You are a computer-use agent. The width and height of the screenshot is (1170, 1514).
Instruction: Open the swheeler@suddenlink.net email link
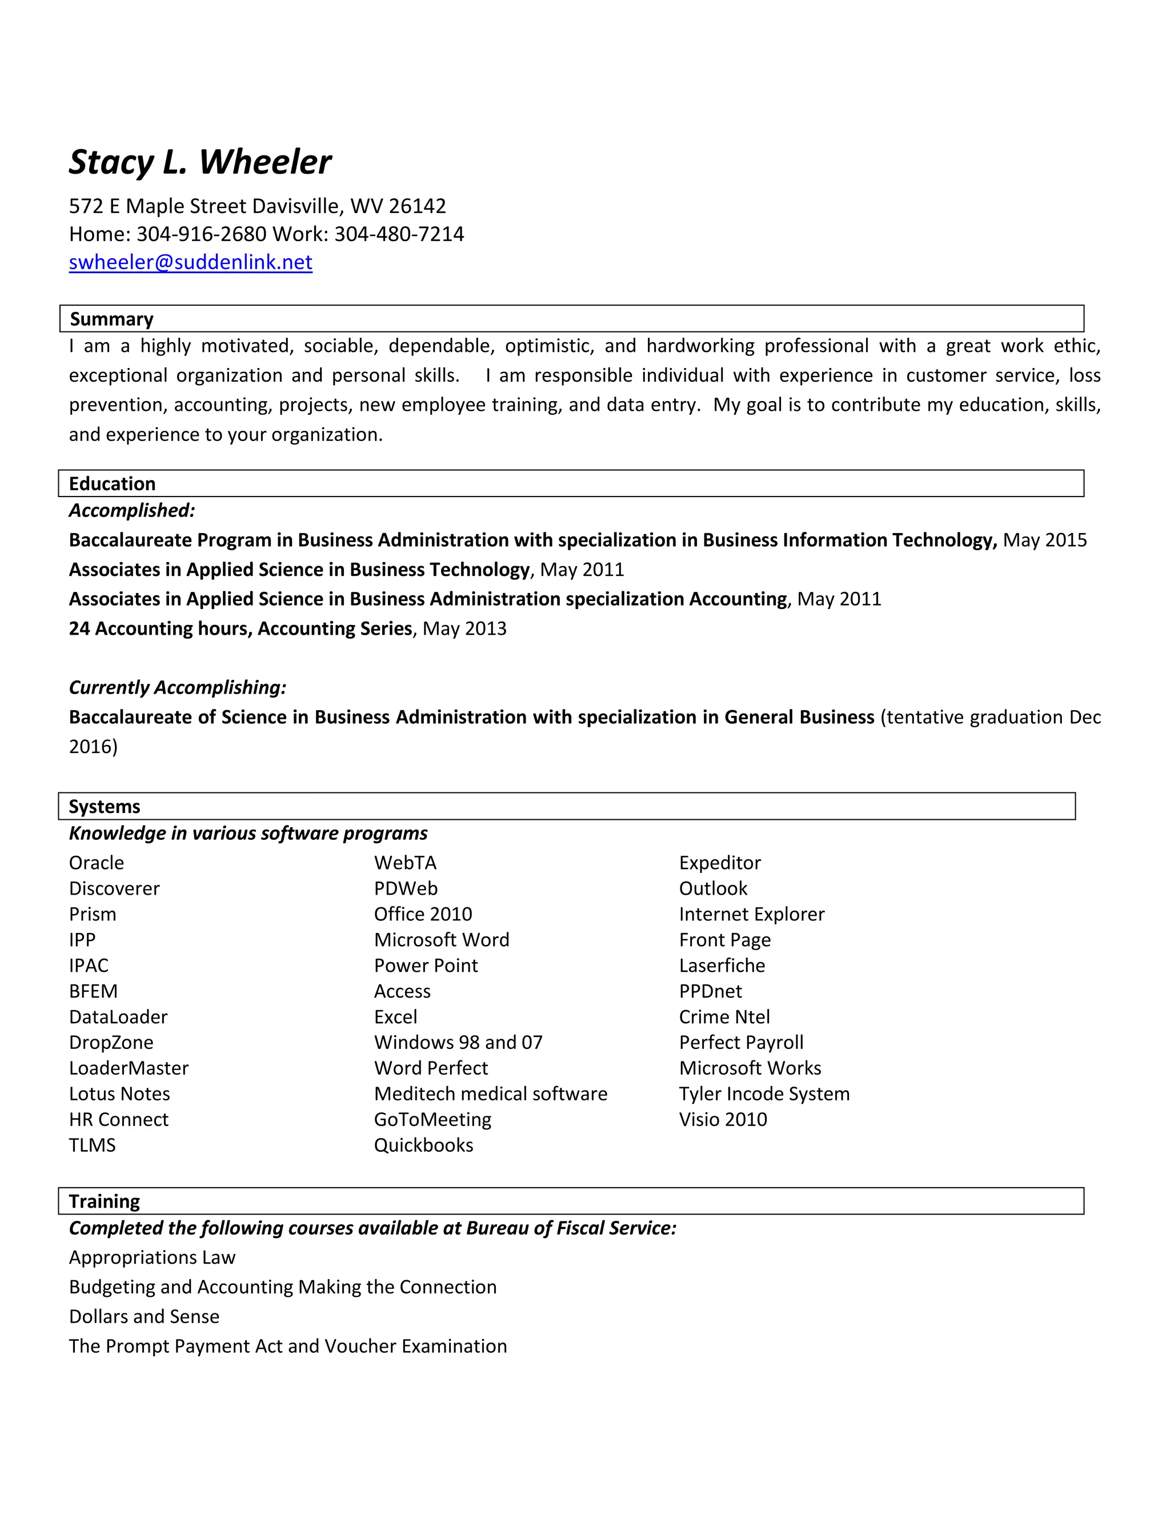coord(191,262)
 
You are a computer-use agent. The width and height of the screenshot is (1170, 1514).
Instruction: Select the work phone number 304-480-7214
coord(399,234)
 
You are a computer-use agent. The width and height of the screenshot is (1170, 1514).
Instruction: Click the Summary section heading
coord(111,319)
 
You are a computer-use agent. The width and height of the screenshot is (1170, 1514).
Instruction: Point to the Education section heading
coord(113,484)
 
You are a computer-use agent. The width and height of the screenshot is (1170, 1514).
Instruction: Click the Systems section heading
coord(105,806)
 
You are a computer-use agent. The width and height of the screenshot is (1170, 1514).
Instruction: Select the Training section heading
coord(105,1201)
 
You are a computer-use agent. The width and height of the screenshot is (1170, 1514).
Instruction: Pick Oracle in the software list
coord(97,863)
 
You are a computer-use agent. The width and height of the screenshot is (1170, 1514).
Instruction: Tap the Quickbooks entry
coord(423,1145)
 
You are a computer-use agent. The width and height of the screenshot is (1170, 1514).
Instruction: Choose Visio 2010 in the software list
coord(723,1120)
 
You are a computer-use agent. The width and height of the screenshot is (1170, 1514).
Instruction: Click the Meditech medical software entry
coord(491,1094)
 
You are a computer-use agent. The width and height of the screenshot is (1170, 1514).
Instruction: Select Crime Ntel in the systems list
coord(724,1017)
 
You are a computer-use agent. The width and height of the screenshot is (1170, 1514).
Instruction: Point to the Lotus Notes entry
coord(119,1094)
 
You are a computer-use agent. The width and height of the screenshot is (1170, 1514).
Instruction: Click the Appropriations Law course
coord(153,1257)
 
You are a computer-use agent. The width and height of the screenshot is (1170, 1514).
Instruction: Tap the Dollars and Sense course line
coord(144,1316)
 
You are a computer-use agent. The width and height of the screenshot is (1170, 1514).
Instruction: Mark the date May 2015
coord(1045,540)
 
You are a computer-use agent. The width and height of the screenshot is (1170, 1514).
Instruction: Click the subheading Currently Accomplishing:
coord(178,688)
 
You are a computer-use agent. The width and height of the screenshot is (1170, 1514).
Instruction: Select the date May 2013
coord(464,629)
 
